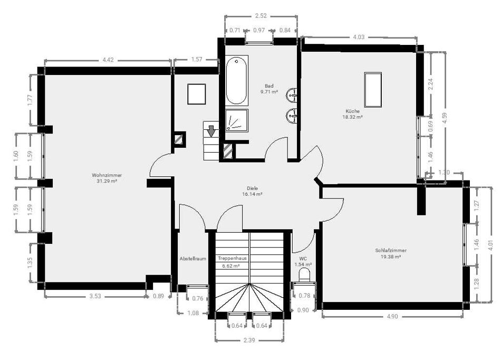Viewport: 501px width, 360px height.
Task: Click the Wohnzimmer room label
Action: [x=104, y=175]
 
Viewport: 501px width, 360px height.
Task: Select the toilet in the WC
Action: [x=304, y=275]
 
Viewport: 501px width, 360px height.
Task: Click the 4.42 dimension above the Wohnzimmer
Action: [x=108, y=60]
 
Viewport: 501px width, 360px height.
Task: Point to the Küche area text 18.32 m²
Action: [x=352, y=117]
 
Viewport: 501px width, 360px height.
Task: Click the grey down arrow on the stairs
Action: [x=211, y=130]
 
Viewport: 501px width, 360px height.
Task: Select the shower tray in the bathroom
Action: [x=236, y=120]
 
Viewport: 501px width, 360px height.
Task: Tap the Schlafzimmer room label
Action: [x=391, y=251]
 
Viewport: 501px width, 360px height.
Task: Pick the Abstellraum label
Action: [x=192, y=259]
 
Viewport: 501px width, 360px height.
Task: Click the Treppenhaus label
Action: [x=232, y=259]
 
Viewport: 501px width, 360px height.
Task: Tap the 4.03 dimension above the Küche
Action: [x=359, y=37]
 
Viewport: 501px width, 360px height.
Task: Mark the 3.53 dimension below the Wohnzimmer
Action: [x=95, y=296]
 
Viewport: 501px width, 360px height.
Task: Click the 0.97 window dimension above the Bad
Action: [x=259, y=30]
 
